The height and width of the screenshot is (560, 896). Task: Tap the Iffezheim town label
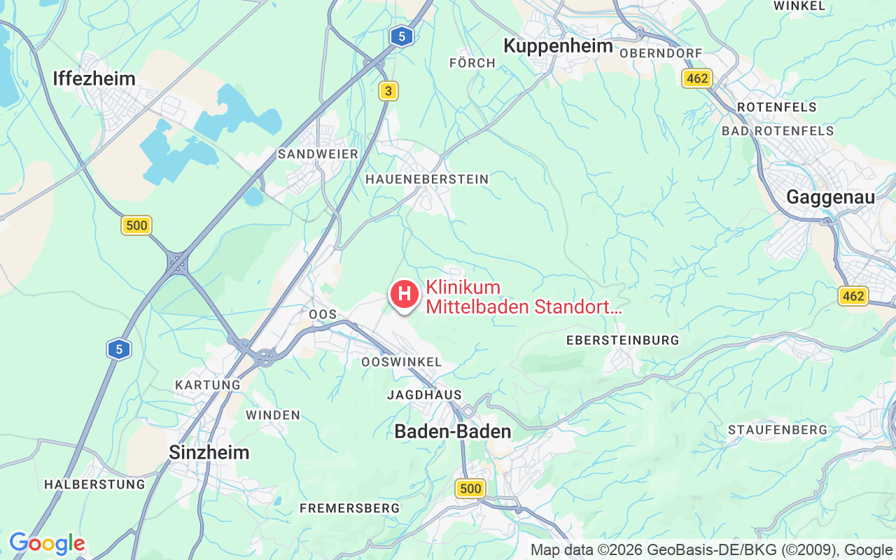tap(94, 78)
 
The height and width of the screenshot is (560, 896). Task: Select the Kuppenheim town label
tap(558, 46)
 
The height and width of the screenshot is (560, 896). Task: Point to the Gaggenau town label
tap(830, 197)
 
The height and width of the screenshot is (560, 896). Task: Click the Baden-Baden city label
tap(453, 431)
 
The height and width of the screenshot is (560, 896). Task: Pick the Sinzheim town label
tap(209, 452)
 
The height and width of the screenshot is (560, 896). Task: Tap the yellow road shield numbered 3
tap(388, 91)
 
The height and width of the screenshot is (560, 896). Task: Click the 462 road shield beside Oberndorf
tap(697, 78)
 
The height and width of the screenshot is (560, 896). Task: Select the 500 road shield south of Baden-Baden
tap(470, 489)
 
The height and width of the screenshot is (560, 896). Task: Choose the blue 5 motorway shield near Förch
tap(401, 36)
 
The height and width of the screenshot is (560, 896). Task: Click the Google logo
tap(47, 543)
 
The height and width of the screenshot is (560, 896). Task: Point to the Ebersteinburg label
tap(622, 340)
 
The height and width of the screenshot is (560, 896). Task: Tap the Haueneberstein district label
tap(427, 179)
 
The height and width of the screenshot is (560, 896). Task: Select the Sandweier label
tap(318, 154)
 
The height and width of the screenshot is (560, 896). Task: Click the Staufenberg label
tap(777, 430)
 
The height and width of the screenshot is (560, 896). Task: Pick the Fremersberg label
tap(349, 508)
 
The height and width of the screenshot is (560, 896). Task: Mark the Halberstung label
tap(94, 484)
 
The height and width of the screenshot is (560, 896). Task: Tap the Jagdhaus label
tap(424, 395)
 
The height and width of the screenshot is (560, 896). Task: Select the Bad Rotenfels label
tap(778, 131)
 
